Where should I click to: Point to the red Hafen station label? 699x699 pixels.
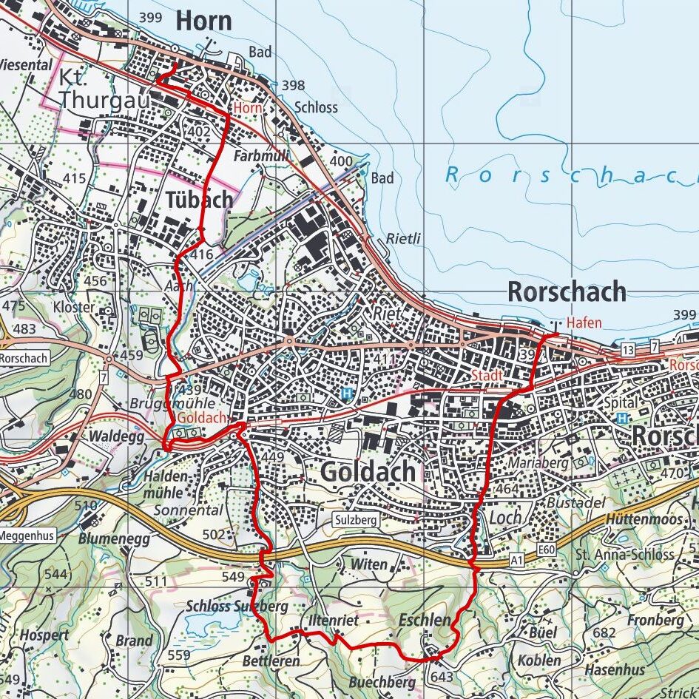584,323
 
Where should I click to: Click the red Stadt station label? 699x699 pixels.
487,376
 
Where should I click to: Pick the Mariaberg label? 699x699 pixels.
538,463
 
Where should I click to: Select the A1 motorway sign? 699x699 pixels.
517,562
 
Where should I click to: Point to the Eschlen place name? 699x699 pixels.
424,620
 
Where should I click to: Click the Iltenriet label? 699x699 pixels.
330,621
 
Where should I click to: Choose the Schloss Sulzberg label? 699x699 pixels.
236,606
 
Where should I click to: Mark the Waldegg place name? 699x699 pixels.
115,436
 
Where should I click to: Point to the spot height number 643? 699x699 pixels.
441,677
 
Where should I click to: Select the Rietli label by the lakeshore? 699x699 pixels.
403,238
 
